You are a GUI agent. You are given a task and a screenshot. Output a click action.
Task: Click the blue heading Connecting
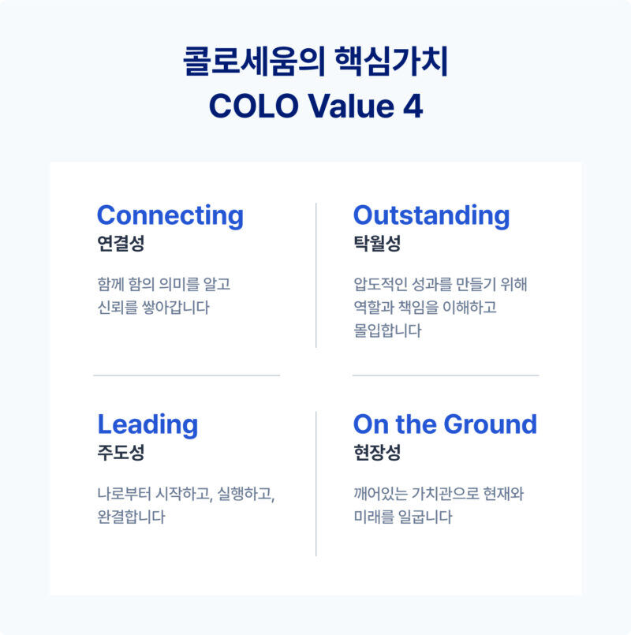[170, 216]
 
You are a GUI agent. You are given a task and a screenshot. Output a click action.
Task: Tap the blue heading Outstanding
[431, 216]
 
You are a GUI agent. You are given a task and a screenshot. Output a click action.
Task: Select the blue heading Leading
[147, 425]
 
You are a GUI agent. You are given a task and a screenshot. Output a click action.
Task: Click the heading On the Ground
[445, 424]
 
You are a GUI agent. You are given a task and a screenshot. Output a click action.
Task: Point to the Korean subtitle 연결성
[121, 244]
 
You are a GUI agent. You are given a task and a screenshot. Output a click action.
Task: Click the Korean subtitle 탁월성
[377, 244]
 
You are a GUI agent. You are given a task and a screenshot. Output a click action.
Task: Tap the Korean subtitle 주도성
[121, 452]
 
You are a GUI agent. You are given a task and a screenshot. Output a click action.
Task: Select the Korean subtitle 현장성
[377, 452]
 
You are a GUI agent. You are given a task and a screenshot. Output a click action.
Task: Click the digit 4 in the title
[413, 106]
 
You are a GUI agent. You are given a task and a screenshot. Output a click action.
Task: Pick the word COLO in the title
[254, 106]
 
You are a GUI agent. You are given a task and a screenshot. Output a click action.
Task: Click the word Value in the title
[352, 106]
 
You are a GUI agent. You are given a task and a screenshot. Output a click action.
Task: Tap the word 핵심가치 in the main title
[391, 62]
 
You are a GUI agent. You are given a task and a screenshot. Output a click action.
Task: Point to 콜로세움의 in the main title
[254, 62]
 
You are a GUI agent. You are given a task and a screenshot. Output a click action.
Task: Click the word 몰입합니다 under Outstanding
[387, 331]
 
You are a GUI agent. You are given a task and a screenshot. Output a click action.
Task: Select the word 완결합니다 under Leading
[131, 517]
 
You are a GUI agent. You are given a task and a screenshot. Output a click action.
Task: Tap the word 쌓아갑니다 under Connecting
[175, 308]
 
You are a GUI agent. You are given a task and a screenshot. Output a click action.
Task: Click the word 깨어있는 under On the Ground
[380, 494]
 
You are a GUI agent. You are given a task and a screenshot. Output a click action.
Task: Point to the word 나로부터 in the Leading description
[125, 494]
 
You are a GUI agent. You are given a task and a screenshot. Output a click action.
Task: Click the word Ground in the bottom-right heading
[491, 424]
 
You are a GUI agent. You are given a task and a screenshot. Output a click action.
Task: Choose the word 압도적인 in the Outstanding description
[380, 284]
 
